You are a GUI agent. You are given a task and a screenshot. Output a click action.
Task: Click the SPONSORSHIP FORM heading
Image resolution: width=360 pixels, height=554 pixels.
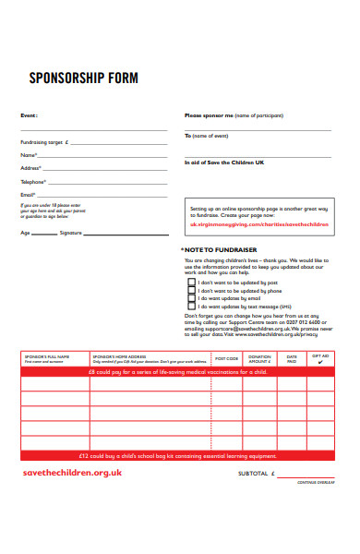point(83,78)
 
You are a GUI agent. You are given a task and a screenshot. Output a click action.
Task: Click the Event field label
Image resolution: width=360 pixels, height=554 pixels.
point(29,115)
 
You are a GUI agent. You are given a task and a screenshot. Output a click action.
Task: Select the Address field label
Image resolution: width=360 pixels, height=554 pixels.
point(30,168)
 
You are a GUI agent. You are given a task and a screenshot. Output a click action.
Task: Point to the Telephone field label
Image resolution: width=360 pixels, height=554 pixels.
point(33,182)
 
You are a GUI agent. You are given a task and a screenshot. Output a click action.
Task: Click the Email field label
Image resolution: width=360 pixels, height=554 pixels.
point(28,195)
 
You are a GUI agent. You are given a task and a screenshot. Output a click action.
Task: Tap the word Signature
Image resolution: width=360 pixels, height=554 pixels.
point(70,233)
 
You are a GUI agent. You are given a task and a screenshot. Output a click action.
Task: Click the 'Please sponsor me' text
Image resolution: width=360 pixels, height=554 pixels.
point(209,115)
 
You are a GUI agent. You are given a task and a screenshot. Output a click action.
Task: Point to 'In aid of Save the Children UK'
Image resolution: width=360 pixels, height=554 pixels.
point(224,162)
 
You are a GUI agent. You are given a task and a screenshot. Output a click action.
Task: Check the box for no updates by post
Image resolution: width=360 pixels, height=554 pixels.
point(192,283)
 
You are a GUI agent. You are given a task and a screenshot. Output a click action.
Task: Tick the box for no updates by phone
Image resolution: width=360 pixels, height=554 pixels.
point(192,291)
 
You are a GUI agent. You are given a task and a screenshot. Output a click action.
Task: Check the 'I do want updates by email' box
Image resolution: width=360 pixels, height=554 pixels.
point(192,299)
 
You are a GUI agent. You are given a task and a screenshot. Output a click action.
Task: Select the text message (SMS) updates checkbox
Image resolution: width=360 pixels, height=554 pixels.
point(192,307)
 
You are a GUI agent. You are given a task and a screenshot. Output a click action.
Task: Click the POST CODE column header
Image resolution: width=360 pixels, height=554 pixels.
point(227,359)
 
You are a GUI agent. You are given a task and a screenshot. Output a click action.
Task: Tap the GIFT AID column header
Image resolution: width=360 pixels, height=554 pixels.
point(320,358)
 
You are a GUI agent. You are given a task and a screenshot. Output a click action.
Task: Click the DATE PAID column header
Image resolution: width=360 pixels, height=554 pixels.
point(292,359)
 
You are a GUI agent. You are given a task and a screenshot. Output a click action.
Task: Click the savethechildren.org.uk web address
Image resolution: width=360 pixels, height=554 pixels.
point(72,472)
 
